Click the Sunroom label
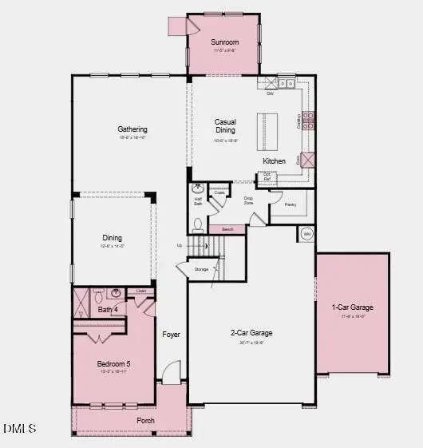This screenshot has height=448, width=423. [x=225, y=42]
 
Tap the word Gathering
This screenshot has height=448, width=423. [x=132, y=129]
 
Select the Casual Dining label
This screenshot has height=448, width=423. [x=226, y=128]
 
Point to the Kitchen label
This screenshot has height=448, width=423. [x=275, y=161]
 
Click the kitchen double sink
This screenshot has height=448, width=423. [x=287, y=82]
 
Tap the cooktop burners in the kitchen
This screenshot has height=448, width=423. [x=307, y=120]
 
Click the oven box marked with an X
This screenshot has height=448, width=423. [x=307, y=160]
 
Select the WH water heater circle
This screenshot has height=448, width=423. [x=306, y=233]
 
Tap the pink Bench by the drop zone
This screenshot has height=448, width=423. [x=227, y=229]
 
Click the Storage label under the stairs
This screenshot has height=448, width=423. [x=201, y=269]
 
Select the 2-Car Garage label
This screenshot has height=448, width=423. [x=252, y=333]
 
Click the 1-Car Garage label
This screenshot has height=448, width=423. [x=353, y=307]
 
